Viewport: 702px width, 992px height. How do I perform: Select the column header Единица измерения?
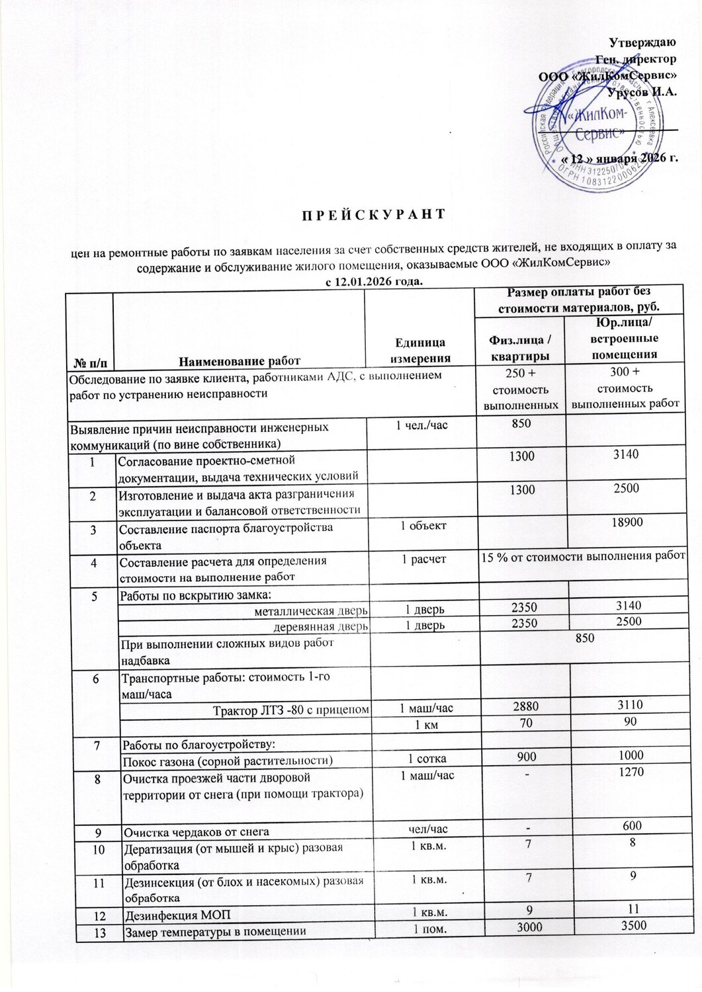tap(420, 351)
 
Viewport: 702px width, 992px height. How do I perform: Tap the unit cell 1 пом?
tap(426, 930)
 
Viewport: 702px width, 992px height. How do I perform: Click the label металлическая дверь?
tap(311, 611)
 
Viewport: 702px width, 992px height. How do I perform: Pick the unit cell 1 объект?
tap(423, 526)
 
